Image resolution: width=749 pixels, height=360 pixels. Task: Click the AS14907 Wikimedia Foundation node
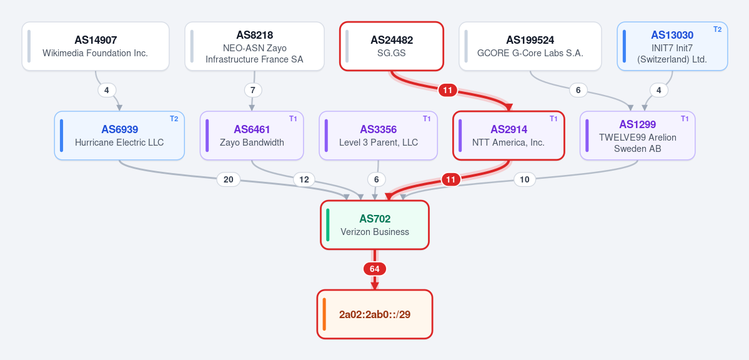click(96, 46)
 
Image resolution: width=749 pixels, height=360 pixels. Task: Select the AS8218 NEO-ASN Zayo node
click(255, 46)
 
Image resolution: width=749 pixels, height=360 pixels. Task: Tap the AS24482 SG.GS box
click(392, 46)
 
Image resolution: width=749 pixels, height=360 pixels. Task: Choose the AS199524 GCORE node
click(530, 46)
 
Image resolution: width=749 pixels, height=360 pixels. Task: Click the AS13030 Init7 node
click(673, 46)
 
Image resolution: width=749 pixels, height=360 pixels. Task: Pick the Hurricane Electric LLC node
click(119, 136)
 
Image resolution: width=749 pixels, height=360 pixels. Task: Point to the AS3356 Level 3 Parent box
click(379, 136)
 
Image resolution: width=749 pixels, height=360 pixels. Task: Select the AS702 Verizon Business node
click(375, 225)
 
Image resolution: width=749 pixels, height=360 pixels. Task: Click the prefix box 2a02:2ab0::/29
click(375, 314)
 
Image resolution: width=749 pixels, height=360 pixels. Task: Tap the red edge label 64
click(375, 269)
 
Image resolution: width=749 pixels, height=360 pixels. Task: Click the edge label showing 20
click(229, 179)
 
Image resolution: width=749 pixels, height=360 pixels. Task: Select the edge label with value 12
click(304, 180)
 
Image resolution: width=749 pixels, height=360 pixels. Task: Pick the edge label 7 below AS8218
click(253, 90)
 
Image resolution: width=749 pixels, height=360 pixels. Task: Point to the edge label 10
click(525, 180)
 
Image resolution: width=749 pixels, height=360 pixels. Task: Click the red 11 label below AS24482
click(447, 90)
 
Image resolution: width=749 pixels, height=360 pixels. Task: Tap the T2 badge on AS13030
click(718, 29)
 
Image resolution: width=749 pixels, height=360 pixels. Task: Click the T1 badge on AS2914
click(553, 119)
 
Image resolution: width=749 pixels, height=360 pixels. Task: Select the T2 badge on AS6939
click(174, 119)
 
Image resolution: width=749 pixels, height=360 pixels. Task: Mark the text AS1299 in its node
click(638, 124)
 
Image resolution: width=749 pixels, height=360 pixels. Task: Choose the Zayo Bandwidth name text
click(252, 142)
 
